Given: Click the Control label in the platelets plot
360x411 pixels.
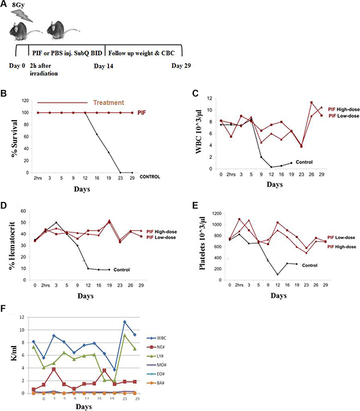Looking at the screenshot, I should pyautogui.click(x=311, y=265).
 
